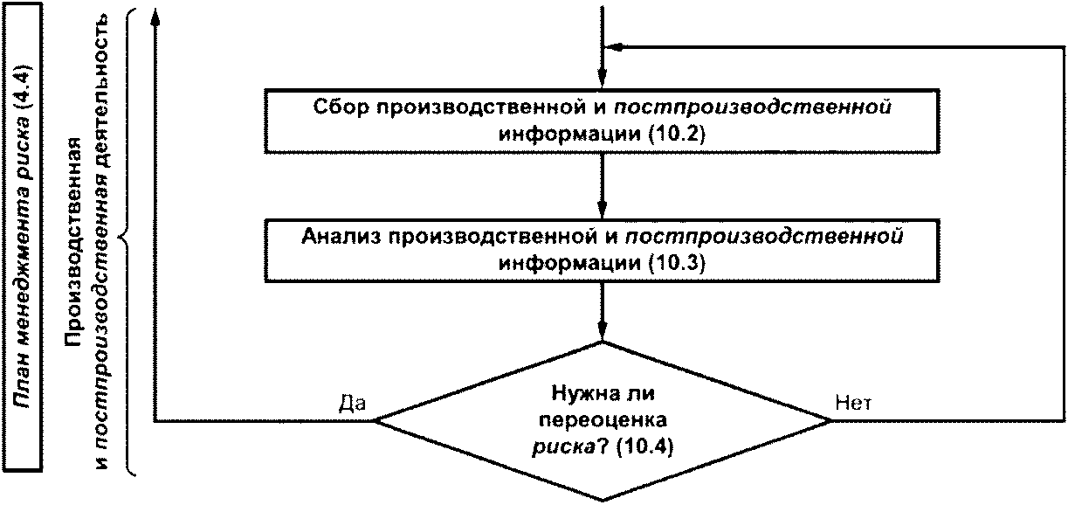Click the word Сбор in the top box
click(341, 107)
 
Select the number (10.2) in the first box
click(676, 134)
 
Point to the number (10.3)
click(676, 263)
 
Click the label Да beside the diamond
click(352, 403)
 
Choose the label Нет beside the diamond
click(853, 403)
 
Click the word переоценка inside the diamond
click(603, 420)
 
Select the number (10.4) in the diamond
click(644, 446)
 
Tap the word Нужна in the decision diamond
click(578, 394)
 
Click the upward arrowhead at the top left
click(155, 17)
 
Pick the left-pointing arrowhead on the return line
click(614, 46)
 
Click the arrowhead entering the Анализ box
click(603, 210)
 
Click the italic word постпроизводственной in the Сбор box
click(753, 107)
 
